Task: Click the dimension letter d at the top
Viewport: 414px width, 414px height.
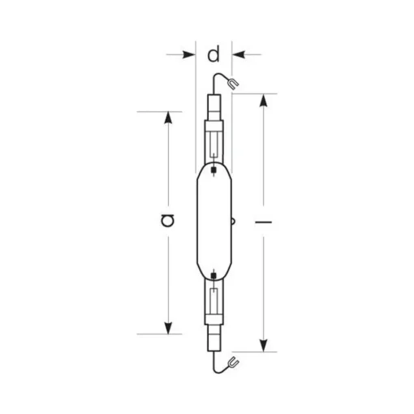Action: (213, 54)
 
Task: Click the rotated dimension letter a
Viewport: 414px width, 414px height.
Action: (167, 220)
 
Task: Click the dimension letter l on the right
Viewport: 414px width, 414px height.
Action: (263, 222)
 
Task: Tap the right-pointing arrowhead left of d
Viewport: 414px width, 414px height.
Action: (189, 54)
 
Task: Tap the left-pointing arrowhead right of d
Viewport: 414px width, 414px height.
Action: (239, 54)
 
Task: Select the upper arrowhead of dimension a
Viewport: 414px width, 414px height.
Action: (168, 118)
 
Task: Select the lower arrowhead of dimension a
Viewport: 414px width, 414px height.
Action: (168, 328)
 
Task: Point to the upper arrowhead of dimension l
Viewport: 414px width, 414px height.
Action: (263, 100)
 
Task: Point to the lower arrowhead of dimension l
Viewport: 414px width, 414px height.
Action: (263, 346)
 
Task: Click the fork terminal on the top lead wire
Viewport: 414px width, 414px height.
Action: (233, 84)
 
